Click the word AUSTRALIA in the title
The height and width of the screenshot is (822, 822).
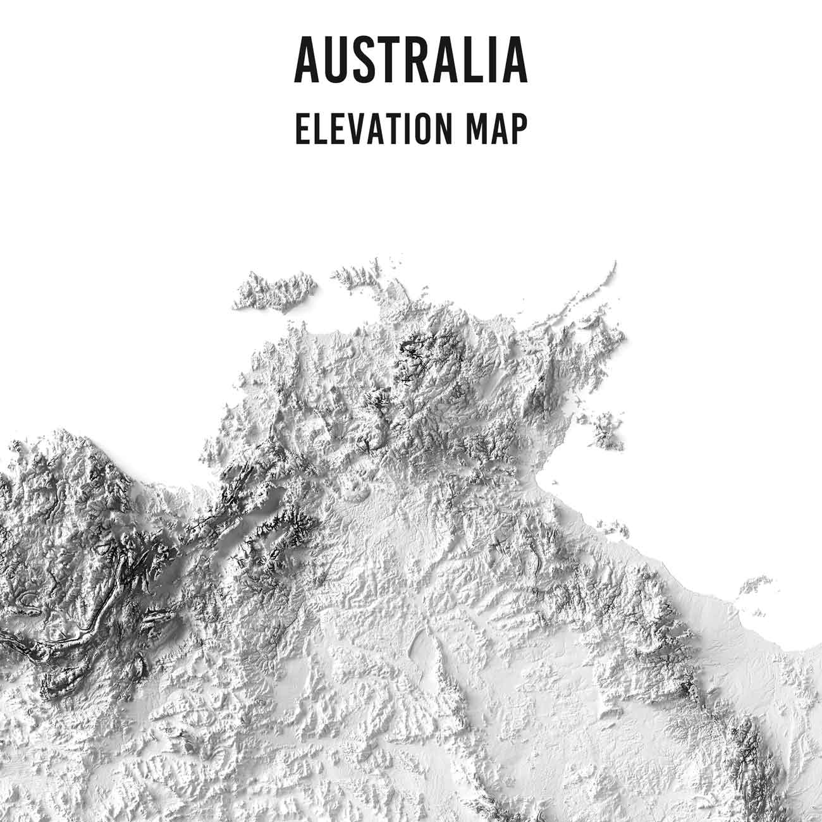(411, 61)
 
